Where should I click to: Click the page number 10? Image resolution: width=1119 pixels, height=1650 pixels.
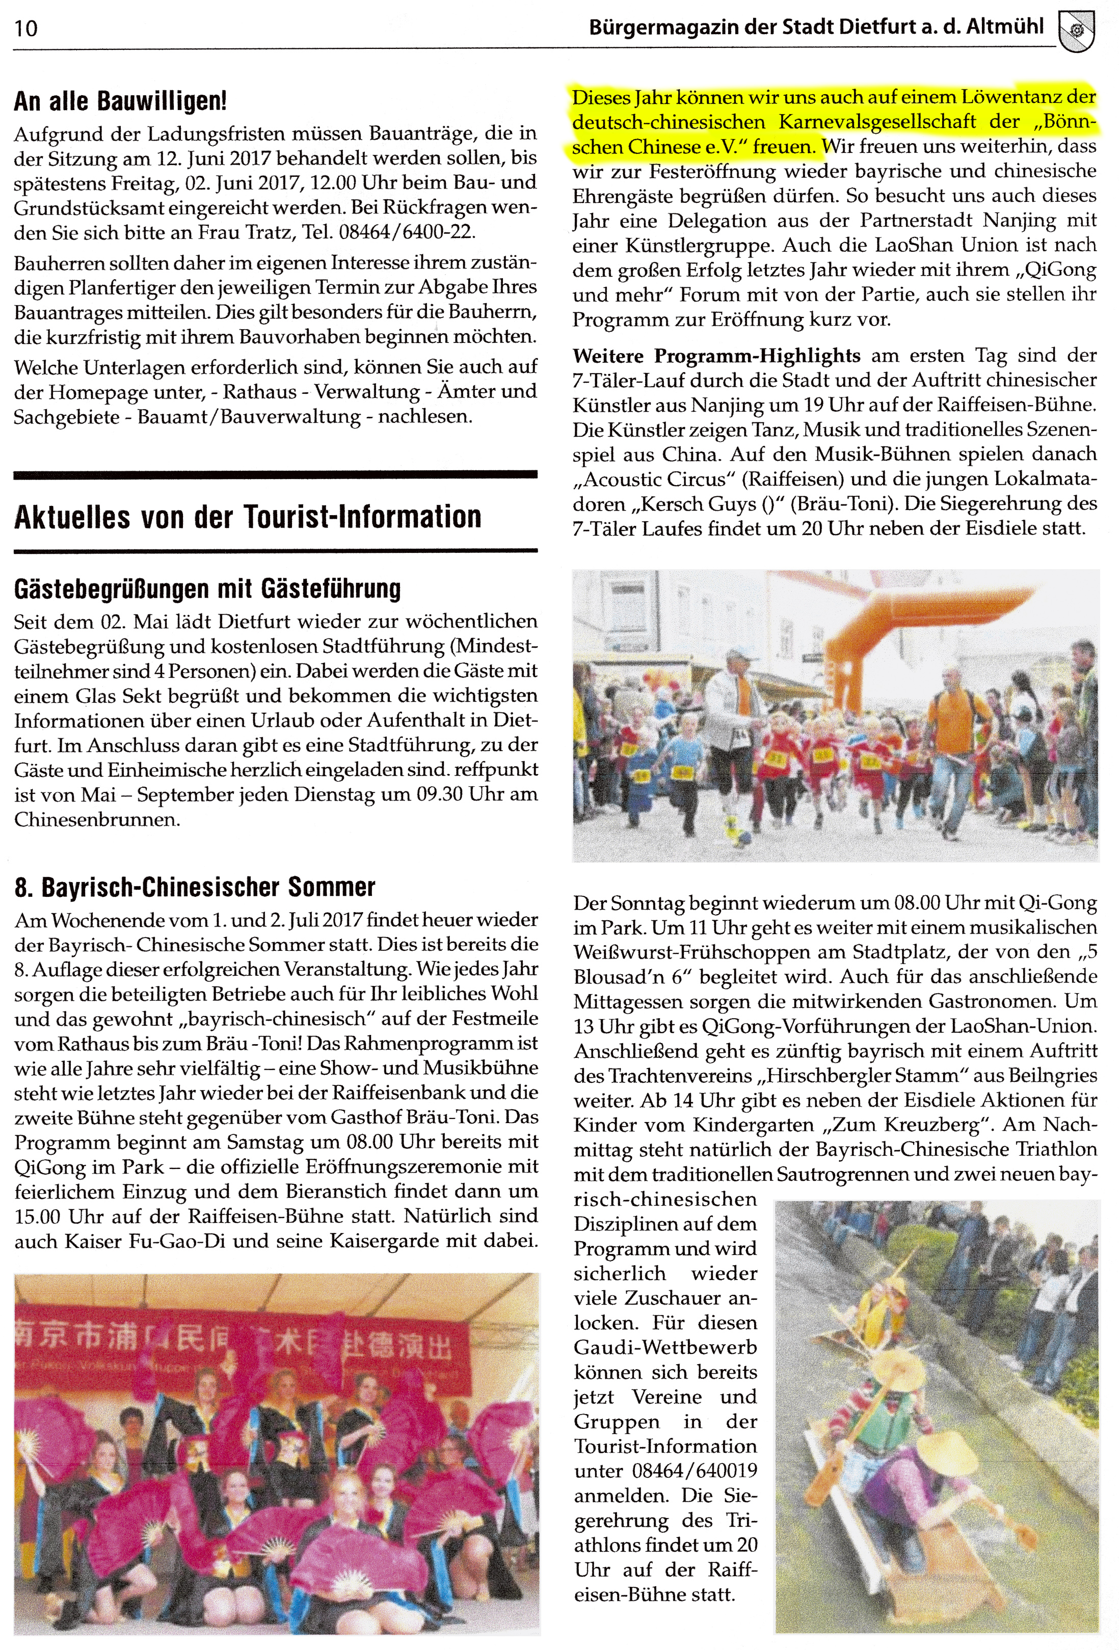click(25, 29)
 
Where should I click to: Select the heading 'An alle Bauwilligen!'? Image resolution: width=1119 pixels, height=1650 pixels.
click(120, 101)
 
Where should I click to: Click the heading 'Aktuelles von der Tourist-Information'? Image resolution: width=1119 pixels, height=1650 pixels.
click(247, 516)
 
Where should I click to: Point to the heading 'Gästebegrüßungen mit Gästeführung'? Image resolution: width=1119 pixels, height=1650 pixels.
click(207, 588)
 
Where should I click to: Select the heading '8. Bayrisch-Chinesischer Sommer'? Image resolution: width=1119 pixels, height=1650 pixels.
click(194, 887)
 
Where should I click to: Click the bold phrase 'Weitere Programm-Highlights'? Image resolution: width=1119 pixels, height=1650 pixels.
click(716, 355)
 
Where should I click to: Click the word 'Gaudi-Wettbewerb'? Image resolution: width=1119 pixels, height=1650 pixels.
click(665, 1347)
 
